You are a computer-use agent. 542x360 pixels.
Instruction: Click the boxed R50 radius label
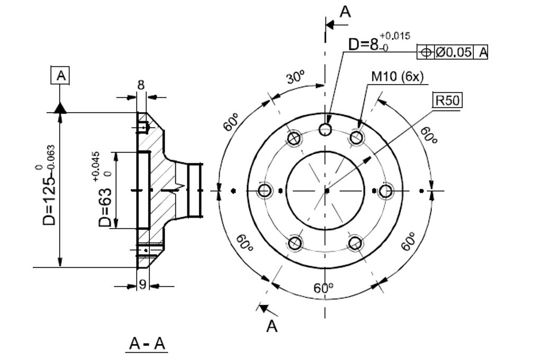(x=447, y=101)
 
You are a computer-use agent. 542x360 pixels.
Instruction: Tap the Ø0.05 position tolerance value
(x=454, y=52)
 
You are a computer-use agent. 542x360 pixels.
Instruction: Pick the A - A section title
(x=148, y=344)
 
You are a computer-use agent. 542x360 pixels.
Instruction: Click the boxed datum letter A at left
(x=61, y=76)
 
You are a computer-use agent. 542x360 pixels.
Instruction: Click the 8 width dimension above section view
(x=141, y=85)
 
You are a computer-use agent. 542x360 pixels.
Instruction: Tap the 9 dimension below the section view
(x=142, y=285)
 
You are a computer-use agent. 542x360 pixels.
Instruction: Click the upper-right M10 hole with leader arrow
(x=356, y=138)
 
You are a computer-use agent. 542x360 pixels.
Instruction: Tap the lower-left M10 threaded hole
(x=295, y=243)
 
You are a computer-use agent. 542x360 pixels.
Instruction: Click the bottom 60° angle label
(x=323, y=289)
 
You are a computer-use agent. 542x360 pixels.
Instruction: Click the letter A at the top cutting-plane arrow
(x=345, y=12)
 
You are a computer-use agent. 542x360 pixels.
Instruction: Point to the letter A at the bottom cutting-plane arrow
(x=272, y=326)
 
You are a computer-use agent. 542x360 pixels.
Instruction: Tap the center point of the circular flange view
(x=326, y=190)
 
